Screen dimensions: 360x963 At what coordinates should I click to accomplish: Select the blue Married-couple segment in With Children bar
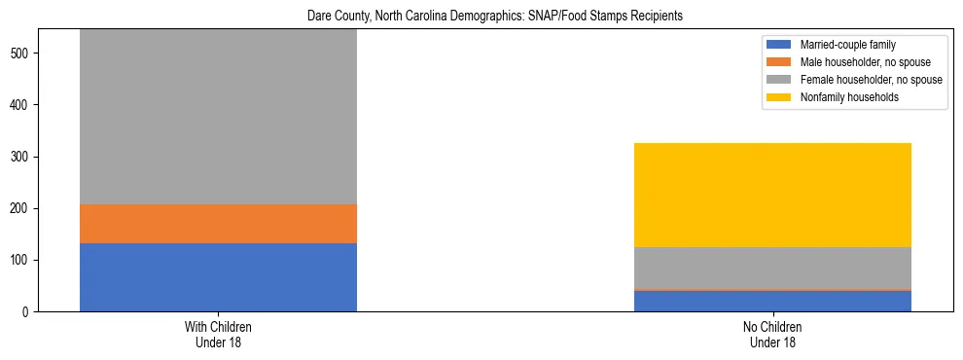tap(218, 277)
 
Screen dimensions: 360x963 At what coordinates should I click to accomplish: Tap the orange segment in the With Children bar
tap(218, 223)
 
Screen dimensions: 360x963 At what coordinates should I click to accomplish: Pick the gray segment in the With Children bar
tap(218, 117)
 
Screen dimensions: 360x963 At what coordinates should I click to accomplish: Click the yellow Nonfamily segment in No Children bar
tap(772, 195)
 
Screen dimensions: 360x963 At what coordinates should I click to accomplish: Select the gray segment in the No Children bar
tap(772, 268)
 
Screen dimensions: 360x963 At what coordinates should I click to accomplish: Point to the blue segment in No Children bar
tap(772, 302)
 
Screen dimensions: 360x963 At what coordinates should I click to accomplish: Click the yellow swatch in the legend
tap(779, 97)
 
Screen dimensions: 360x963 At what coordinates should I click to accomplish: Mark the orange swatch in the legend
tap(779, 62)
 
